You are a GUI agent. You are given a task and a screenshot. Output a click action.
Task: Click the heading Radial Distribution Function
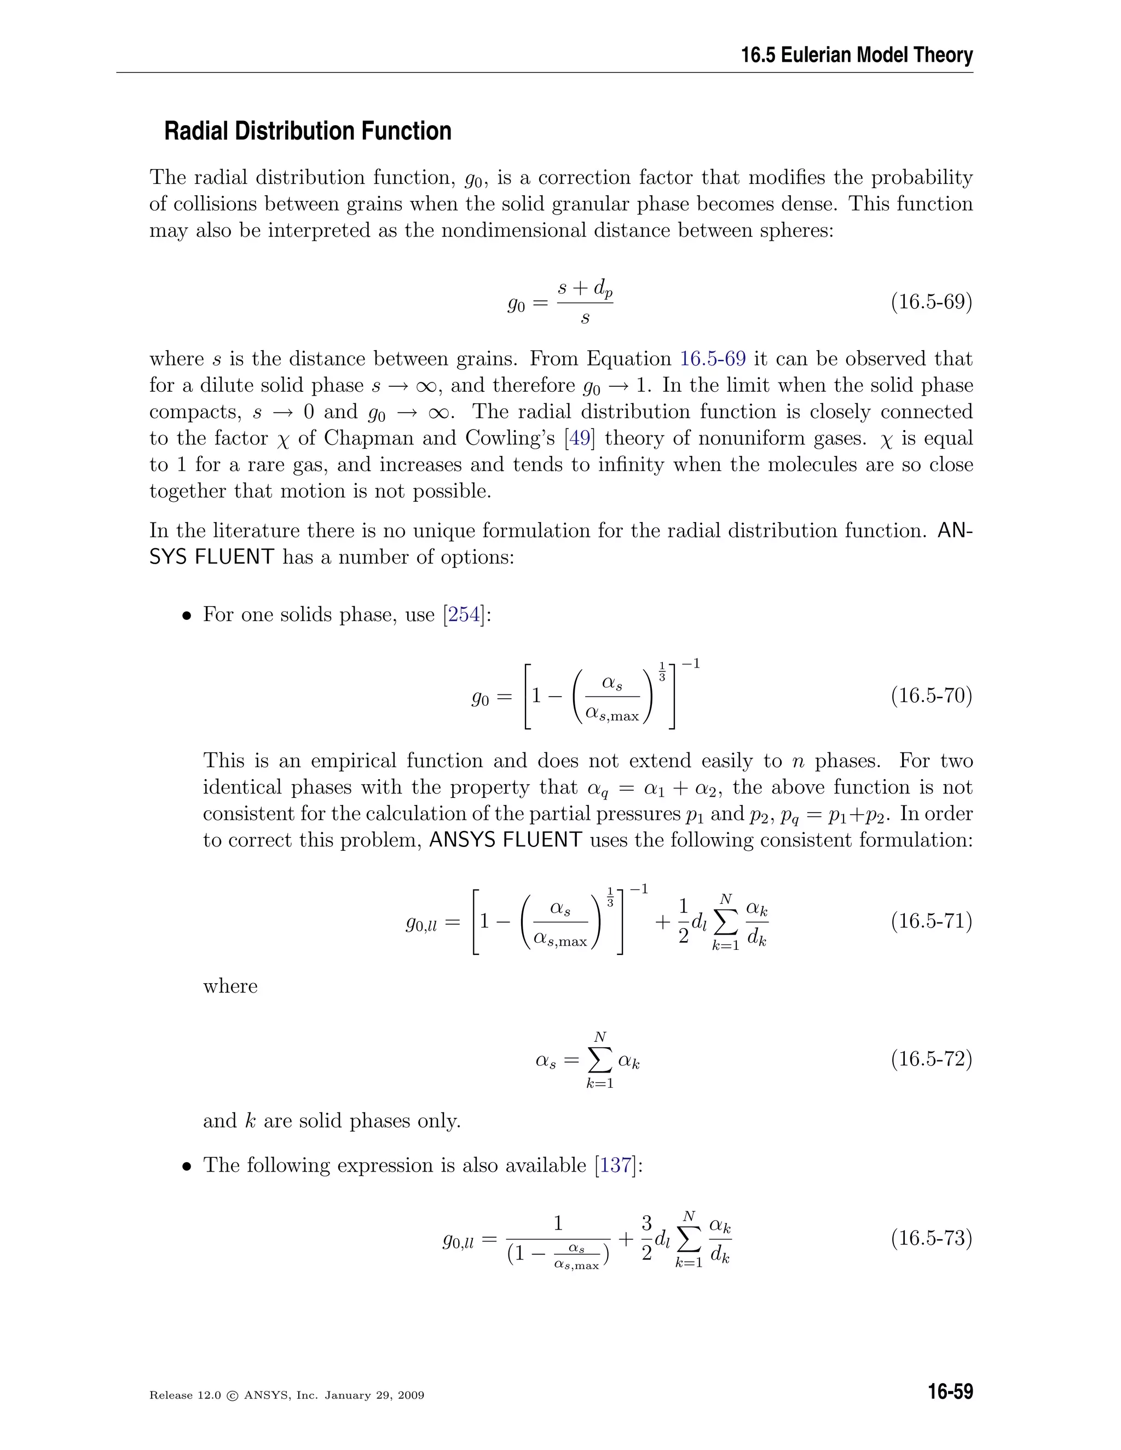(x=308, y=131)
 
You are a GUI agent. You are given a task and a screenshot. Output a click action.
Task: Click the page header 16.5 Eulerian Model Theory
(x=857, y=55)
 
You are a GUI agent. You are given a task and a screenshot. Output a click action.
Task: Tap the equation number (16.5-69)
(x=931, y=302)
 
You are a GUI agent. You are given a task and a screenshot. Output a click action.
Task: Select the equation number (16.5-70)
(x=931, y=696)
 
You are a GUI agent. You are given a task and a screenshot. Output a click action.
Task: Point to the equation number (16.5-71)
(x=931, y=921)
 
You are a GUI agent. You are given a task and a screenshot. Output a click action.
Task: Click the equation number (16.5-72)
(x=931, y=1059)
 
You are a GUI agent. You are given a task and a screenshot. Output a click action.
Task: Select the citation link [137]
(x=616, y=1165)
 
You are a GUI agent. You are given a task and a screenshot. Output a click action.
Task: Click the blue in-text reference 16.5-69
(x=713, y=359)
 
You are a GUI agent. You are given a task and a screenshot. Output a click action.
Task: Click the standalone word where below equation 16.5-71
(x=230, y=986)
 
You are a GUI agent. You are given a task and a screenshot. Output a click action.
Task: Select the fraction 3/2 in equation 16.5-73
(x=646, y=1238)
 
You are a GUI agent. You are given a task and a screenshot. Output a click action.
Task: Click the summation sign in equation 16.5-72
(x=600, y=1060)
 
